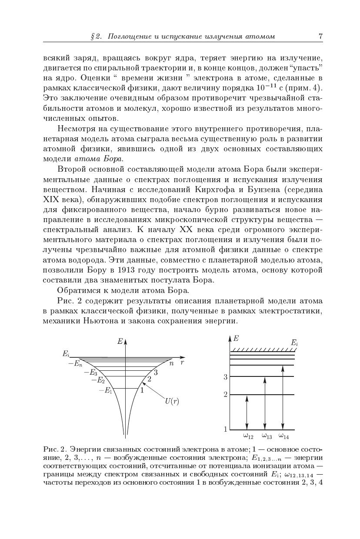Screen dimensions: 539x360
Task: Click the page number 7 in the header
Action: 320,37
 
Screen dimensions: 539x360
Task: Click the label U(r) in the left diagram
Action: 172,401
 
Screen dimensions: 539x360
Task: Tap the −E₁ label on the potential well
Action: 106,390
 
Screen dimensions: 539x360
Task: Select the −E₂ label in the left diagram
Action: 98,380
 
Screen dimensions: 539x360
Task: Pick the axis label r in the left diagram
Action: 183,362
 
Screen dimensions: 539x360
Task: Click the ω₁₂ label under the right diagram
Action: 248,436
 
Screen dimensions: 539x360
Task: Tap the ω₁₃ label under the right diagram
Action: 267,436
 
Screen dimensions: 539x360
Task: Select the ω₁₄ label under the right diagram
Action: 284,436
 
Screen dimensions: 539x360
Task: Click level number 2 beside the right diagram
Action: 226,395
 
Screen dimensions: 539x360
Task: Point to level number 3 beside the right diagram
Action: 226,377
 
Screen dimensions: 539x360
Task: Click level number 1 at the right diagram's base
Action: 226,429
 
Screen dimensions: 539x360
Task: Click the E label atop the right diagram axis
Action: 236,338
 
